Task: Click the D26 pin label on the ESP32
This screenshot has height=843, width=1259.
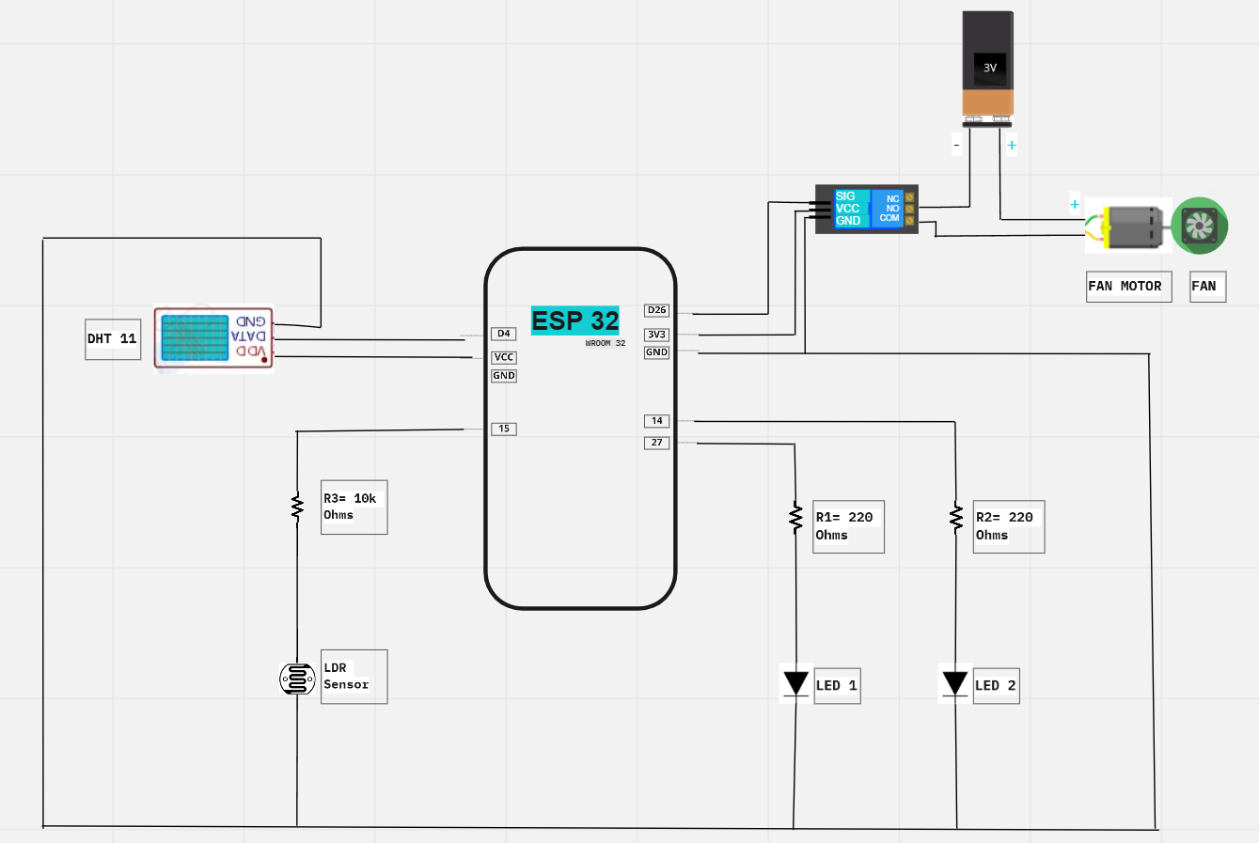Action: point(656,310)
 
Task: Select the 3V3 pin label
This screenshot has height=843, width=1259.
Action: point(656,335)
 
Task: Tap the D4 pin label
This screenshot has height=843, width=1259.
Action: point(504,334)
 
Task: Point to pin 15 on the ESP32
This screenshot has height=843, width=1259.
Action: point(504,429)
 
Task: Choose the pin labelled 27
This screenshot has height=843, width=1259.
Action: point(656,443)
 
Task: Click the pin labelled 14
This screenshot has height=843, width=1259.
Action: point(656,421)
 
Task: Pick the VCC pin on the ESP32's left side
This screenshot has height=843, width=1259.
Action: point(504,357)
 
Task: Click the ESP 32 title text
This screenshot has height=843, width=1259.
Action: point(574,320)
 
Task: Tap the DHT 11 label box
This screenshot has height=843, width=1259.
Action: point(113,339)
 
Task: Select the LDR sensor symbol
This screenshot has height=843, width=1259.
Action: point(297,679)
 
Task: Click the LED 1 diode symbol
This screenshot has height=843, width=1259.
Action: point(795,683)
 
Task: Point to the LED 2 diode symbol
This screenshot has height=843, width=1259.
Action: point(955,683)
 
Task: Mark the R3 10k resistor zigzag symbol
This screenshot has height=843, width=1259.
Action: point(297,507)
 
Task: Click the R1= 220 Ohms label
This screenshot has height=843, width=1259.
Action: point(847,526)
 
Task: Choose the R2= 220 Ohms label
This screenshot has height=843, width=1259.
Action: point(1007,526)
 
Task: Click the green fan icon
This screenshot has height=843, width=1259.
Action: point(1200,226)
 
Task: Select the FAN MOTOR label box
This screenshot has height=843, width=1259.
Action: point(1128,287)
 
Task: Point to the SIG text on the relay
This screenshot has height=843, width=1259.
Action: point(845,196)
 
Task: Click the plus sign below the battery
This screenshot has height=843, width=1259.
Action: point(1012,146)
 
